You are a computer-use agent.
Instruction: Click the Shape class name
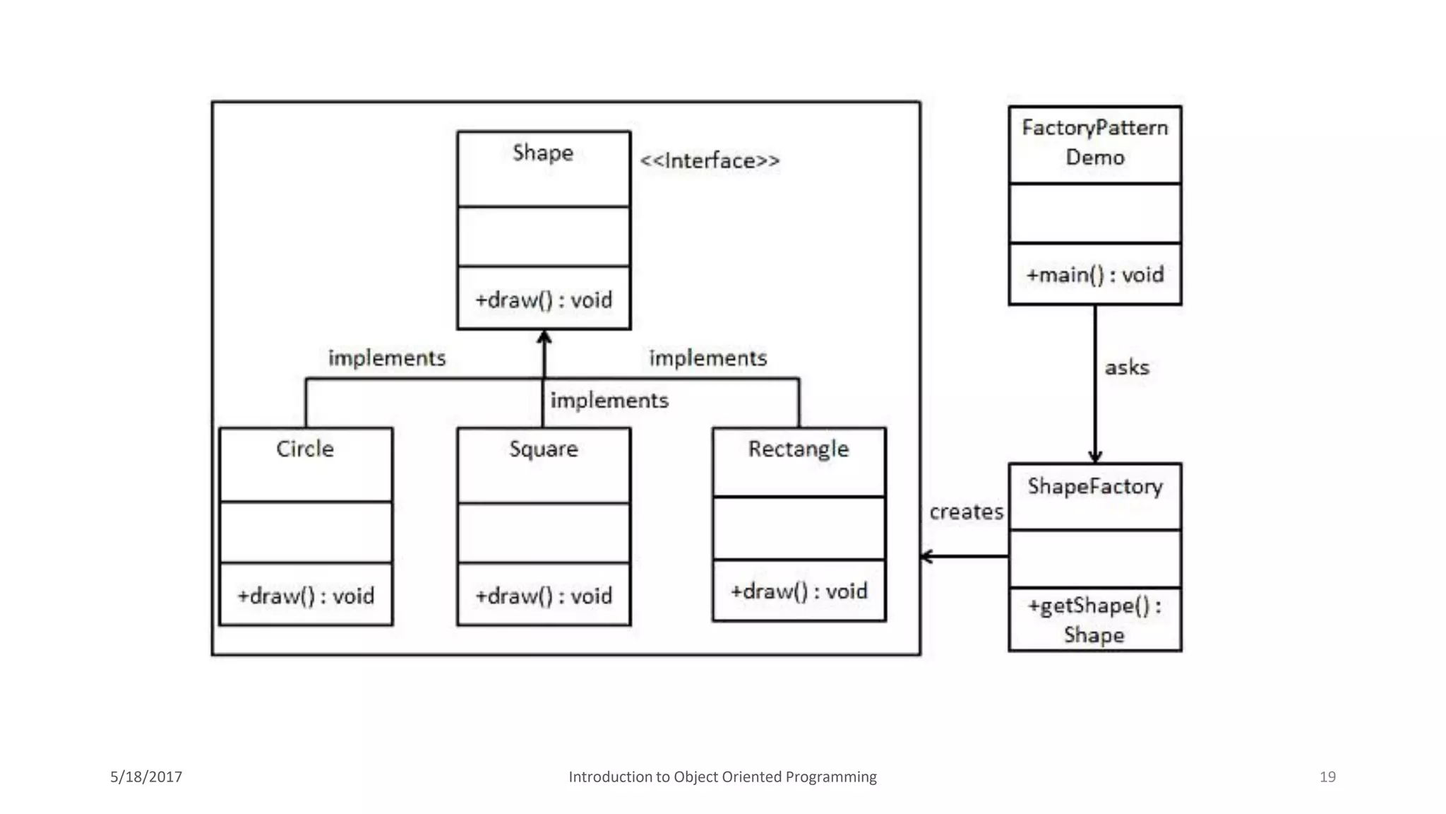[x=542, y=153]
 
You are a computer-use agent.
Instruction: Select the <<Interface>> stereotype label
[x=710, y=161]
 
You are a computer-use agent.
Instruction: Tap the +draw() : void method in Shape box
[x=543, y=300]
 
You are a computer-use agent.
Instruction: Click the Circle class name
[x=304, y=449]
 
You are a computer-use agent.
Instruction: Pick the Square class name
[x=543, y=449]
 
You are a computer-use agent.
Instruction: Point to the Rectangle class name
[x=798, y=449]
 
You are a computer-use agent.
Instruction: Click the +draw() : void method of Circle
[x=305, y=596]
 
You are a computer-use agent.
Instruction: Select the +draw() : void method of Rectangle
[x=799, y=591]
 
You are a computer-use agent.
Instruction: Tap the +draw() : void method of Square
[x=543, y=596]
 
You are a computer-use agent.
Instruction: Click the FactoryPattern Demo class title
[x=1094, y=143]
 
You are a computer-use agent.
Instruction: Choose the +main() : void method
[x=1094, y=275]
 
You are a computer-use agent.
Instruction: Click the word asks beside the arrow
[x=1126, y=368]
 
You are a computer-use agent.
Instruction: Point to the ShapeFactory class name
[x=1094, y=487]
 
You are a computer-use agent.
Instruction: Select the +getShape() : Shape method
[x=1094, y=620]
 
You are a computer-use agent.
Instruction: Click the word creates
[x=965, y=512]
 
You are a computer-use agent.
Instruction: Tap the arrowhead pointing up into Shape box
[x=544, y=338]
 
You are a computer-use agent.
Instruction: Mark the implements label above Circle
[x=387, y=358]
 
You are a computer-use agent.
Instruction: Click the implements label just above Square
[x=609, y=401]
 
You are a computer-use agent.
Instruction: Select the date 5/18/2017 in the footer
[x=146, y=777]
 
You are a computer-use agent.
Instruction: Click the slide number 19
[x=1327, y=777]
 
